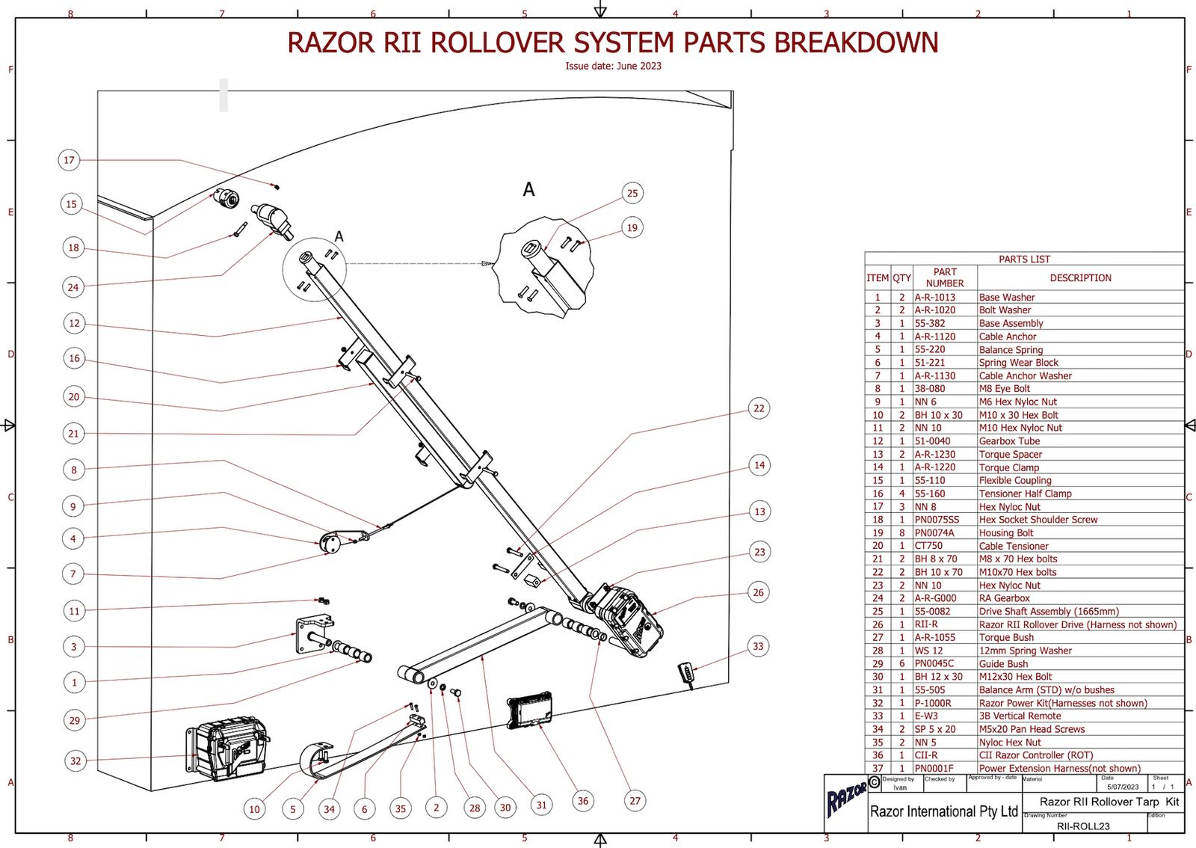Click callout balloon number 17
pyautogui.click(x=69, y=160)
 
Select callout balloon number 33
pyautogui.click(x=758, y=646)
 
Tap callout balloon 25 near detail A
pyautogui.click(x=632, y=193)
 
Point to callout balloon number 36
pyautogui.click(x=582, y=801)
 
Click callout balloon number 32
pyautogui.click(x=75, y=761)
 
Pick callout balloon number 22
pyautogui.click(x=759, y=408)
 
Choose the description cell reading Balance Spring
pyautogui.click(x=1011, y=350)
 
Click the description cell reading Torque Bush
pyautogui.click(x=1006, y=638)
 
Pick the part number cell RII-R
pyautogui.click(x=926, y=624)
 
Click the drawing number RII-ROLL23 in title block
pyautogui.click(x=1082, y=826)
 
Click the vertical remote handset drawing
pyautogui.click(x=686, y=672)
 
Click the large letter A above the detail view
pyautogui.click(x=528, y=190)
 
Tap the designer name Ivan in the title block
pyautogui.click(x=900, y=787)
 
